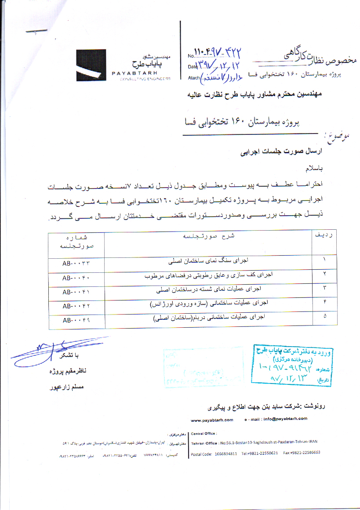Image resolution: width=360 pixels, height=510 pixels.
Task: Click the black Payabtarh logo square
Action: [91, 65]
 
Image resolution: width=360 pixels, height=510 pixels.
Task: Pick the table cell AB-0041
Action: [76, 292]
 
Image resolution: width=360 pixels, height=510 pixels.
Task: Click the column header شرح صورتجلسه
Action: [208, 236]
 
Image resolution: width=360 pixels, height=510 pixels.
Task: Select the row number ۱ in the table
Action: [324, 260]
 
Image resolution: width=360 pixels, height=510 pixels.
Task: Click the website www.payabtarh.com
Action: [212, 419]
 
